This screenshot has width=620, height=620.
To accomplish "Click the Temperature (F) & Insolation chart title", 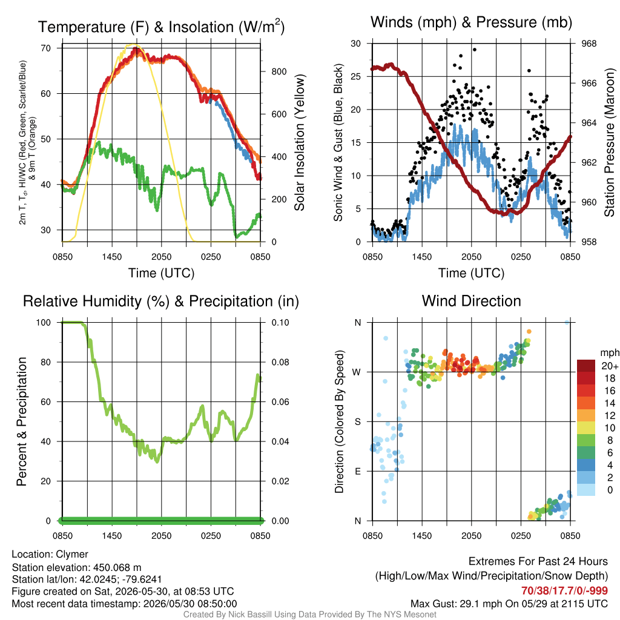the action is point(161,27).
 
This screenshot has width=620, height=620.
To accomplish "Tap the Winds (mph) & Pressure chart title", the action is point(471,22).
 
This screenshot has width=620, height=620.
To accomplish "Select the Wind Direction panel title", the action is point(471,301).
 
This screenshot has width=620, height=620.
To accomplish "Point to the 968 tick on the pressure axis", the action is point(589,44).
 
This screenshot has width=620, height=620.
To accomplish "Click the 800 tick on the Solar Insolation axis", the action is point(279,71).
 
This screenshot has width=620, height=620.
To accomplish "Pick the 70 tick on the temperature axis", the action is point(46,48).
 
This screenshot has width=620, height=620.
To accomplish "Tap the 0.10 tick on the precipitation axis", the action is point(280,323).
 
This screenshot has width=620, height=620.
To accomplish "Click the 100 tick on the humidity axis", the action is point(44,323).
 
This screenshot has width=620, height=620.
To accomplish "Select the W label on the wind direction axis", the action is point(357,372).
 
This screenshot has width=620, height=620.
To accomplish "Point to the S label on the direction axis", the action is point(357,422).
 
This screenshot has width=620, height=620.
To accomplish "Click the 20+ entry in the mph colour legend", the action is point(609,366).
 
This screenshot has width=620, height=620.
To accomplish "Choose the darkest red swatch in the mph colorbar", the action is point(586,366).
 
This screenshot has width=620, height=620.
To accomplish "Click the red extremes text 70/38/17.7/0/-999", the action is point(564,591).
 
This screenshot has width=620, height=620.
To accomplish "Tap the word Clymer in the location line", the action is point(72,555).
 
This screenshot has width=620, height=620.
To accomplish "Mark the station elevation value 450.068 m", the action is point(117,568).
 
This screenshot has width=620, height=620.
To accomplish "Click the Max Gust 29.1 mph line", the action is point(509,604).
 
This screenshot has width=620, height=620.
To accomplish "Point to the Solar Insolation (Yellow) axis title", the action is point(300,142).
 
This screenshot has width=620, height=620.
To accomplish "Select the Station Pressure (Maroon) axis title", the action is point(609,142).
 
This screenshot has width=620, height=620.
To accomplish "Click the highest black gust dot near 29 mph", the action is point(475,50).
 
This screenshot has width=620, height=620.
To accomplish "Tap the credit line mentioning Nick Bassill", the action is point(309,615).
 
